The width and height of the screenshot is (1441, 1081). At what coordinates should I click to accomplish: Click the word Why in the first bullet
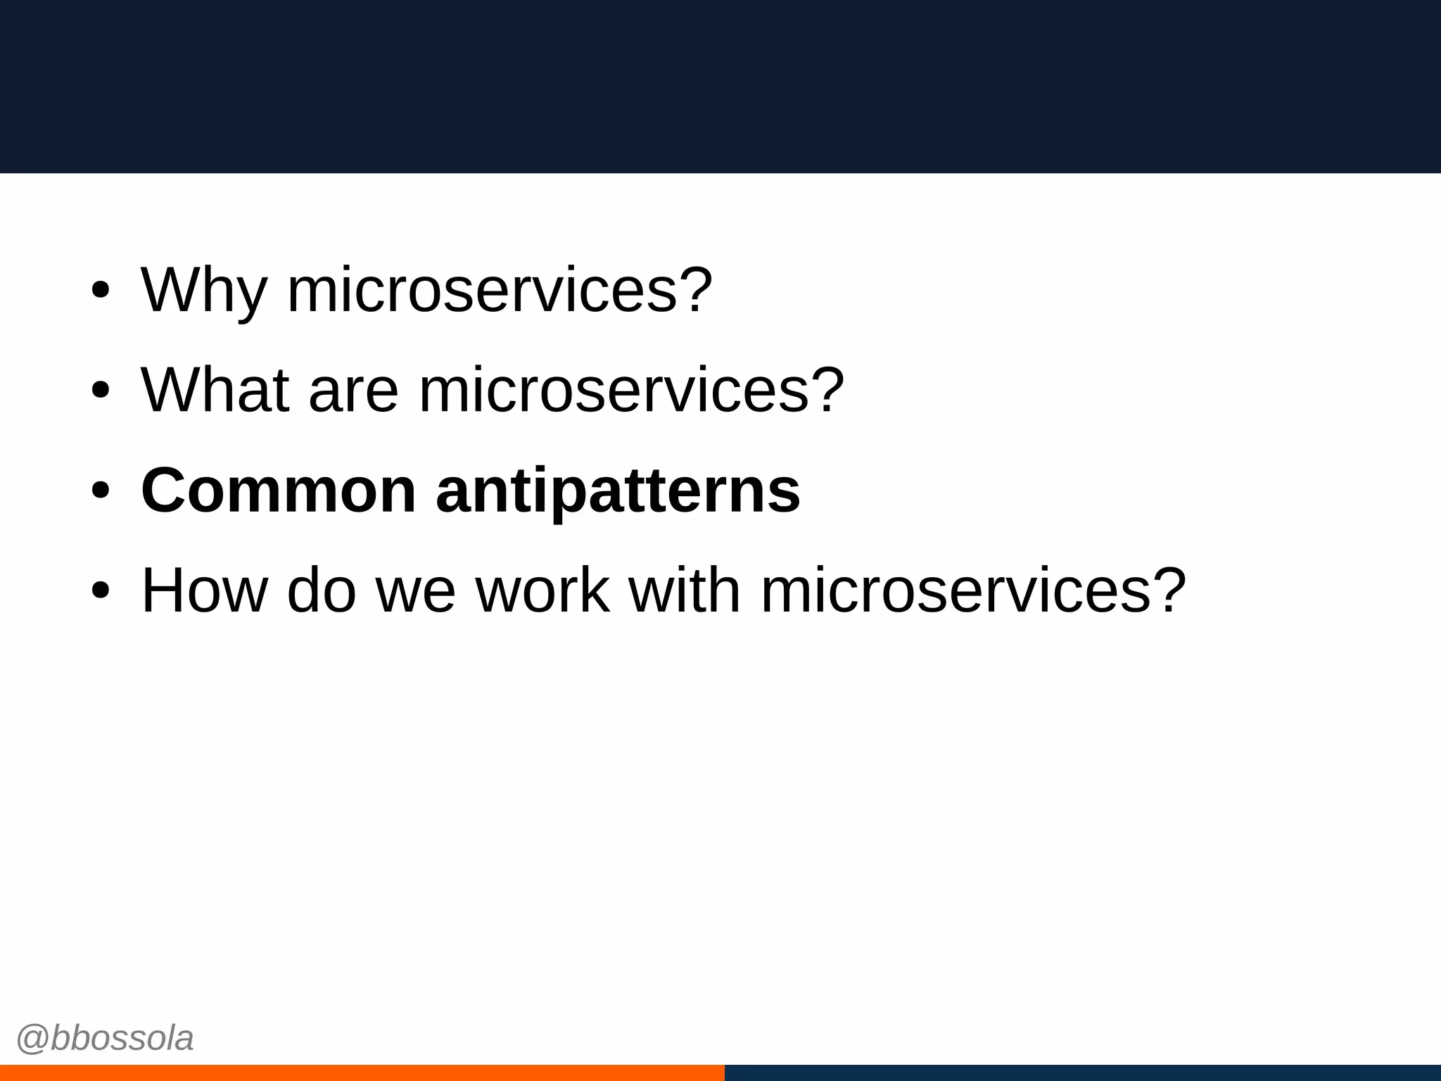pyautogui.click(x=204, y=290)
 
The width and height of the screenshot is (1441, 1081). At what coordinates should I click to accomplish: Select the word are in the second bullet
pyautogui.click(x=353, y=391)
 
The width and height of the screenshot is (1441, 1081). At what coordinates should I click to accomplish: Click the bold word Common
pyautogui.click(x=279, y=491)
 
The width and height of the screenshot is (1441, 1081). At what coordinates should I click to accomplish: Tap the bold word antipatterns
pyautogui.click(x=618, y=491)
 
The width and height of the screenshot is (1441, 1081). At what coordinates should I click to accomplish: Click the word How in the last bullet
pyautogui.click(x=204, y=590)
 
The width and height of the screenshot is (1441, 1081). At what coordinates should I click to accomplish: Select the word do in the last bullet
pyautogui.click(x=322, y=590)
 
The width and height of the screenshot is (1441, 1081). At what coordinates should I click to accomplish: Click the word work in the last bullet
pyautogui.click(x=542, y=590)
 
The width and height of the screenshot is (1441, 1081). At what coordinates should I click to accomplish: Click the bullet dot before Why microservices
pyautogui.click(x=101, y=290)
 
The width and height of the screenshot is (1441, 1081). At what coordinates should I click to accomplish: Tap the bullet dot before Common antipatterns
pyautogui.click(x=101, y=491)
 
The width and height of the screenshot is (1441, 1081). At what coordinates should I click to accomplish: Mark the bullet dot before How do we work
pyautogui.click(x=101, y=590)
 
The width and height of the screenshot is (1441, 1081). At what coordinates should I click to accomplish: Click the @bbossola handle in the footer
pyautogui.click(x=105, y=1039)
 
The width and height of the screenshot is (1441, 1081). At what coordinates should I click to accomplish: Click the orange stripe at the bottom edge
pyautogui.click(x=362, y=1073)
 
